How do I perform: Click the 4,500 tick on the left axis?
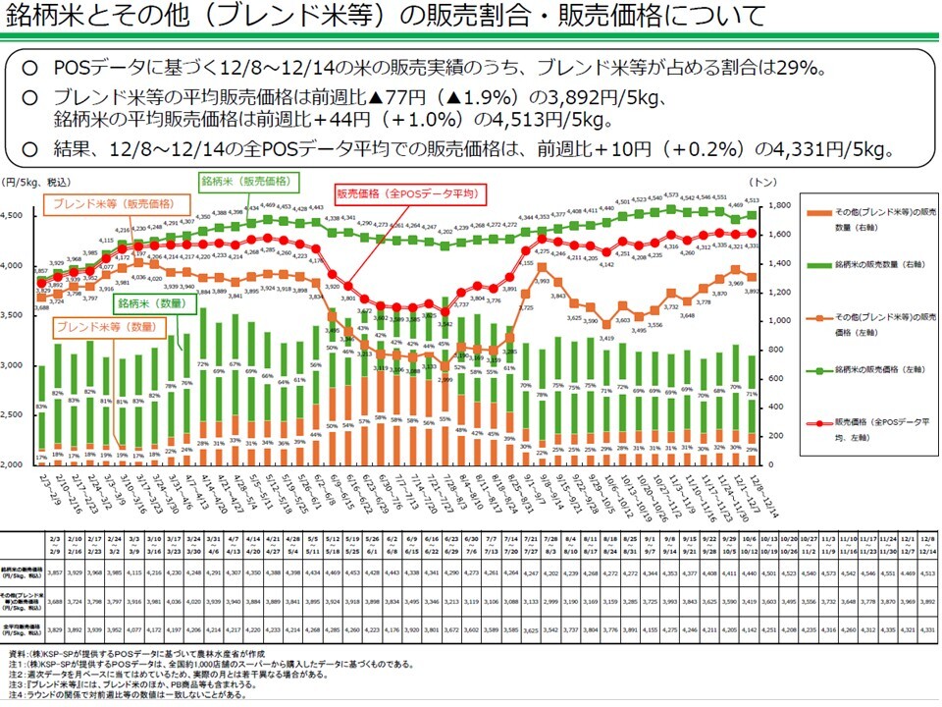17,216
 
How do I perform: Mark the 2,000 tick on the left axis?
17,464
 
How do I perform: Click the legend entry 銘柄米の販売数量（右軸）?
873,265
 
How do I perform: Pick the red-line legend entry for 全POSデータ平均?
873,427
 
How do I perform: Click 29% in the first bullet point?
804,68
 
